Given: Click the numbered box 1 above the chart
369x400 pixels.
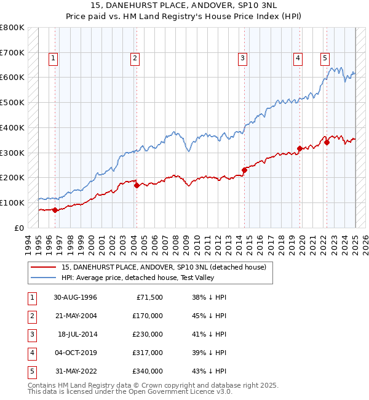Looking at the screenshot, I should click(54, 59).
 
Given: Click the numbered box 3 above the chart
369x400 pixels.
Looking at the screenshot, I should click(243, 59).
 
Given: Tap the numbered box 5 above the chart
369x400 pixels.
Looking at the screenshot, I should click(325, 59).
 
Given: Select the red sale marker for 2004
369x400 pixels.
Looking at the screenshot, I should click(137, 185).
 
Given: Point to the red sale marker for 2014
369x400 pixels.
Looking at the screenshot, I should click(244, 170).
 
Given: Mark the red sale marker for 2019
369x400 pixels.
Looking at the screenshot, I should click(300, 148).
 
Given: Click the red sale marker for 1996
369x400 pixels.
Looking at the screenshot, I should click(55, 210).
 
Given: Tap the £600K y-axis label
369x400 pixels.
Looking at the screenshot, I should click(12, 78).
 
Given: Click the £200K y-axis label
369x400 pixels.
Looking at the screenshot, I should click(12, 177).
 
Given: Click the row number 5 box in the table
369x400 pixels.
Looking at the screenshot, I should click(32, 371).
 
